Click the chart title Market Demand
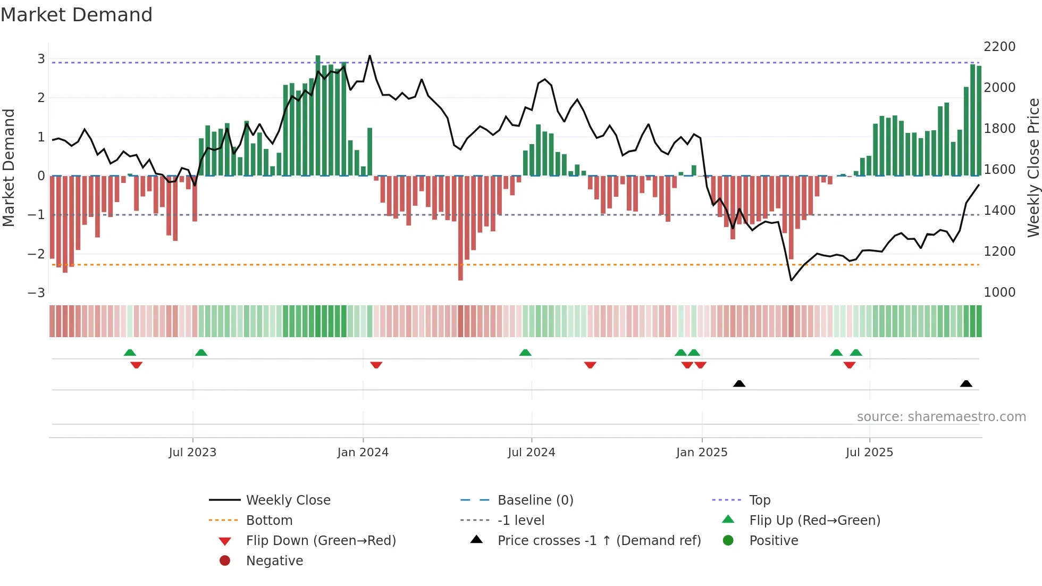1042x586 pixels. point(77,15)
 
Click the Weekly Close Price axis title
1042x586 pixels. point(1033,168)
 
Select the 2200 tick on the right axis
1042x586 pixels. point(999,47)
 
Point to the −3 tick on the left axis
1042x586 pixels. point(36,293)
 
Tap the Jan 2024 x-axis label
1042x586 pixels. point(363,453)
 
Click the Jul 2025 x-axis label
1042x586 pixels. point(869,453)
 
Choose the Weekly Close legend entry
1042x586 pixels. point(288,500)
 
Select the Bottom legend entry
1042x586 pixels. point(269,521)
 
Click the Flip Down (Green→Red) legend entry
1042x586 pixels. point(321,541)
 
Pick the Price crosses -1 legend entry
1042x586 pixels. point(599,541)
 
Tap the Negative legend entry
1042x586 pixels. point(274,561)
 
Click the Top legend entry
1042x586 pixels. point(760,500)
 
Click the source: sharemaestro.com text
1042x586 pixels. point(941,417)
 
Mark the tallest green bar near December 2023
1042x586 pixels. point(318,114)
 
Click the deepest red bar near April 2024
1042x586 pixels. point(460,229)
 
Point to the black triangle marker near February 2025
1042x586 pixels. point(739,383)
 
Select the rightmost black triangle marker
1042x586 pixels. point(966,383)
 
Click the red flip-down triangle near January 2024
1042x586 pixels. point(376,365)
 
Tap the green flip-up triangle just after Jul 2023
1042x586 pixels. point(201,353)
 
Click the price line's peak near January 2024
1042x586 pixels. point(370,56)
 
